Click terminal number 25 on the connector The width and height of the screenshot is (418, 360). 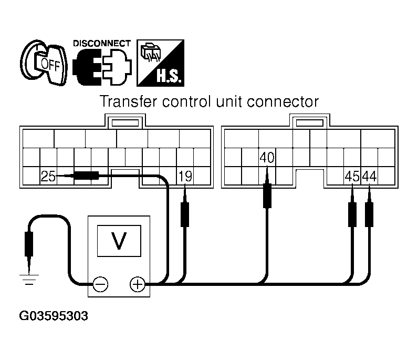(48, 177)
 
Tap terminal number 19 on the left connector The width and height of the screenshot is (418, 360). (185, 177)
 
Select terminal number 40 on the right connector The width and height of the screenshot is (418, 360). (267, 158)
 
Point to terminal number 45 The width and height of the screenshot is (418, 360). (352, 177)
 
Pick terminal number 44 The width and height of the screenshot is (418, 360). (369, 177)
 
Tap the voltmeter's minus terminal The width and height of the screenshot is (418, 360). (100, 284)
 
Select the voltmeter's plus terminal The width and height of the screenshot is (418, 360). (137, 284)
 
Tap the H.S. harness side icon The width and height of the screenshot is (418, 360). (160, 63)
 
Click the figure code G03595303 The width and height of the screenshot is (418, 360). (54, 316)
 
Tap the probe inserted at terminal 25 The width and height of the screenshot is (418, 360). (84, 177)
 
